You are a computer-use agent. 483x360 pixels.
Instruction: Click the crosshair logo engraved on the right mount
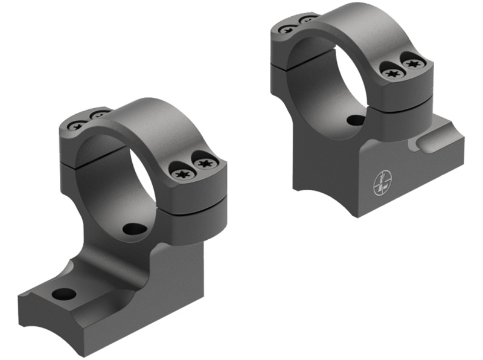point(382,182)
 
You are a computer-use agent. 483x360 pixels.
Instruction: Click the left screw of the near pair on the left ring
point(182,173)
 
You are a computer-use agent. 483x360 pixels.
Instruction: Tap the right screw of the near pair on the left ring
point(205,163)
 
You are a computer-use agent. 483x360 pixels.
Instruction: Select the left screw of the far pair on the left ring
point(77,126)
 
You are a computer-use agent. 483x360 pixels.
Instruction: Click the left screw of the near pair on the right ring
point(392,73)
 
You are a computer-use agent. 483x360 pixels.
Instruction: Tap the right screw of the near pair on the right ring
point(414,63)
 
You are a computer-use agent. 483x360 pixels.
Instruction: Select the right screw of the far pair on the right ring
point(308,19)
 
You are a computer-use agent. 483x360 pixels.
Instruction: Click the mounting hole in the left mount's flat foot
point(64,294)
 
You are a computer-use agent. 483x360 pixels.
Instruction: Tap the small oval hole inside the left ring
point(134,229)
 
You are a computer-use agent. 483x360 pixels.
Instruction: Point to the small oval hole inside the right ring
point(356,120)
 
